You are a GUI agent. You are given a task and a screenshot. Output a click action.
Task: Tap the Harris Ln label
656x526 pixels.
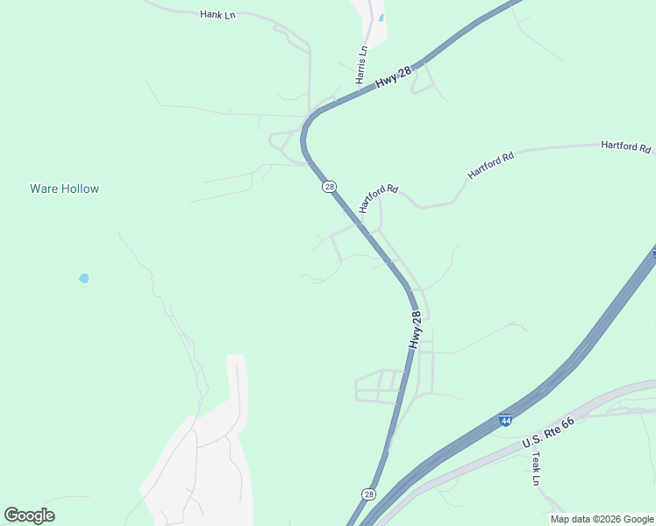[x=361, y=66]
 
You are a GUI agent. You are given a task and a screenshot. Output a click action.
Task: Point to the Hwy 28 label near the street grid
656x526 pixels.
[x=416, y=331]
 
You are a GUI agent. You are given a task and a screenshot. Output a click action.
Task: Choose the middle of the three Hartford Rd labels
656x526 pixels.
[x=490, y=166]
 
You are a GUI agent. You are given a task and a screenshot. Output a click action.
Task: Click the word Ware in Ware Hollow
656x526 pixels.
[x=46, y=188]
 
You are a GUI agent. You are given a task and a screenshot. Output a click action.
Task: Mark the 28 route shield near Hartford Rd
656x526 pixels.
[x=329, y=187]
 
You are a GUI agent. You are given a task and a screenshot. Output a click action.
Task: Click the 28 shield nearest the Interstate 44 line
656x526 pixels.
[x=369, y=494]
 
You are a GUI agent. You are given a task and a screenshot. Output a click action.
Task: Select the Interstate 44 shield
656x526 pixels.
[x=506, y=421]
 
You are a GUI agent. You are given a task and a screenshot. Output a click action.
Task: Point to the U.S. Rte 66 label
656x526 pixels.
[x=548, y=433]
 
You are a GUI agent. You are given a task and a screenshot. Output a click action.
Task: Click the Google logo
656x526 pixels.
[x=29, y=515]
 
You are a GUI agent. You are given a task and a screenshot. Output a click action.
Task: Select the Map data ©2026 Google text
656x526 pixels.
[x=601, y=519]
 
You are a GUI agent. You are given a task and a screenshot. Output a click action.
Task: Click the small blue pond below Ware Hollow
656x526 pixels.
[x=84, y=278]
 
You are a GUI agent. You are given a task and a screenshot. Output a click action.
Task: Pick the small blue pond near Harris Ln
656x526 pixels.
[x=381, y=18]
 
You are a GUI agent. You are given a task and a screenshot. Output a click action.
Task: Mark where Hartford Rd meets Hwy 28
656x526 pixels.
[x=360, y=224]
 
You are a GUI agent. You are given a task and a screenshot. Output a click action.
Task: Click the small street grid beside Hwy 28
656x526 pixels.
[x=379, y=386]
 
